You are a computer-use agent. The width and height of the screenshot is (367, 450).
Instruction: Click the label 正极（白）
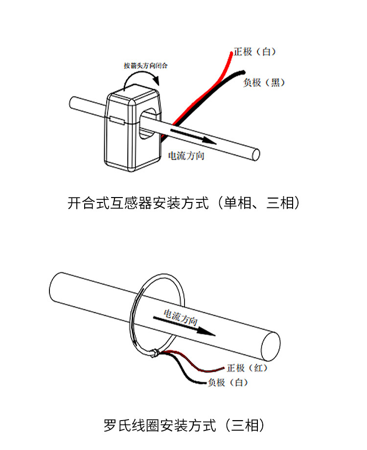tap(254, 51)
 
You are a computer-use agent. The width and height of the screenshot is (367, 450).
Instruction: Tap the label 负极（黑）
tap(264, 83)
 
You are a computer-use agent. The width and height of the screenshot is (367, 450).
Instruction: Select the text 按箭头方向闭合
tap(145, 66)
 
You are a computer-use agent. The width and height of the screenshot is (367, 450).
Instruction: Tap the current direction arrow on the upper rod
tap(193, 136)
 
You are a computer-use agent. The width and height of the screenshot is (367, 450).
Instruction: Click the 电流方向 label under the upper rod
tap(186, 156)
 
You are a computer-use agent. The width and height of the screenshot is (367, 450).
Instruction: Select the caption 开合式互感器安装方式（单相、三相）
tap(183, 203)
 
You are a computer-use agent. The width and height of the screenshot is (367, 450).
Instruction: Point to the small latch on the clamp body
tap(117, 121)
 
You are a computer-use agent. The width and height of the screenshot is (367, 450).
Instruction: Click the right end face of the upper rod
tap(255, 155)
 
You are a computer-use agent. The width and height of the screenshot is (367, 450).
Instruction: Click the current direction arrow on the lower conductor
tap(184, 326)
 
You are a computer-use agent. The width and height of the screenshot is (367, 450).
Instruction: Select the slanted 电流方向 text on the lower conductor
tap(181, 317)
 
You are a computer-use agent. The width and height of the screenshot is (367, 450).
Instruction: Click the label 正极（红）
tap(247, 368)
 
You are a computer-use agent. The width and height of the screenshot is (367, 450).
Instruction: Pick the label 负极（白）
tap(228, 382)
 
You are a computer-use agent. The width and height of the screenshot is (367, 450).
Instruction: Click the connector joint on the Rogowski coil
tap(154, 353)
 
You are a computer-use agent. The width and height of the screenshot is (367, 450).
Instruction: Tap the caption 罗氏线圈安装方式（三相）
tap(184, 425)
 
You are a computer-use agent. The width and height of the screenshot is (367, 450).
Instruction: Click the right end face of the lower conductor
tap(271, 346)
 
